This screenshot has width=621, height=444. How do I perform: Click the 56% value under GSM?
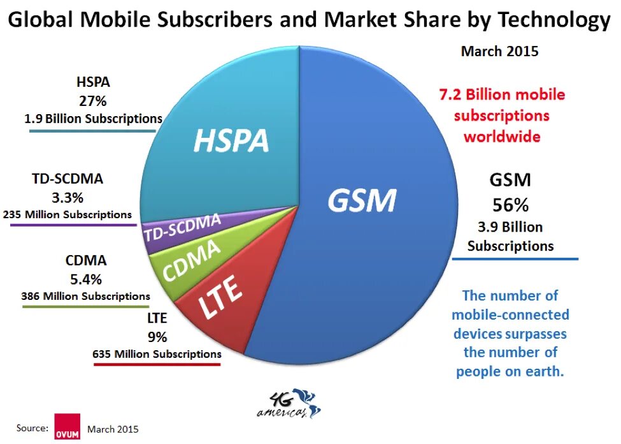510,205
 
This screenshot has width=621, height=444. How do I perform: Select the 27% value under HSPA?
93,100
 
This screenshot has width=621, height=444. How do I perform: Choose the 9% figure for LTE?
157,336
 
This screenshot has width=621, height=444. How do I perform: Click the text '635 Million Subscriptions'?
157,353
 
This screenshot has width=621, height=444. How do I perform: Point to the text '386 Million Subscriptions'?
85,296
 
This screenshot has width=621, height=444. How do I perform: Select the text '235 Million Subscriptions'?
68,214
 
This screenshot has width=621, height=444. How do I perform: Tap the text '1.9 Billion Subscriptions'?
93,118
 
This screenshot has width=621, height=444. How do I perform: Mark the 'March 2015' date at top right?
499,52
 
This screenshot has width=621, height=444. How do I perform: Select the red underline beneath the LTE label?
157,364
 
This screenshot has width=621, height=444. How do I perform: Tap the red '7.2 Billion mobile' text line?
502,95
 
